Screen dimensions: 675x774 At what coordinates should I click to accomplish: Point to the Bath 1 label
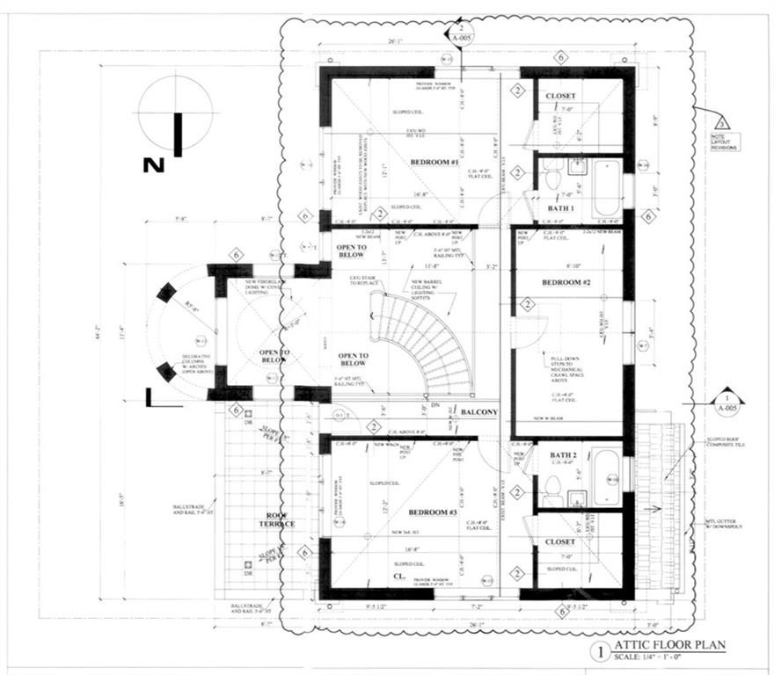click(x=560, y=208)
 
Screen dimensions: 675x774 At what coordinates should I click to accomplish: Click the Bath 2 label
click(x=562, y=454)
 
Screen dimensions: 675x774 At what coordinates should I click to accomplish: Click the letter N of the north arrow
click(x=154, y=164)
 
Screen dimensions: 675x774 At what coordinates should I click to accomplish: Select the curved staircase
click(x=427, y=343)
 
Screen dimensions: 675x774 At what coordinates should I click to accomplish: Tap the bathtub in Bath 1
click(x=607, y=187)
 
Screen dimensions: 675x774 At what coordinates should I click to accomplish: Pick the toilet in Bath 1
click(x=551, y=179)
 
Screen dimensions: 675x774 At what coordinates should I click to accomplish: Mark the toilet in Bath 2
click(x=551, y=484)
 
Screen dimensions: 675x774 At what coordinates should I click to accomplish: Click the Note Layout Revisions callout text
click(x=726, y=142)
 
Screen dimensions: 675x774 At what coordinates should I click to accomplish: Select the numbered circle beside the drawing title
click(x=601, y=651)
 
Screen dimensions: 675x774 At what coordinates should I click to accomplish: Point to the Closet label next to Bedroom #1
click(x=560, y=95)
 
